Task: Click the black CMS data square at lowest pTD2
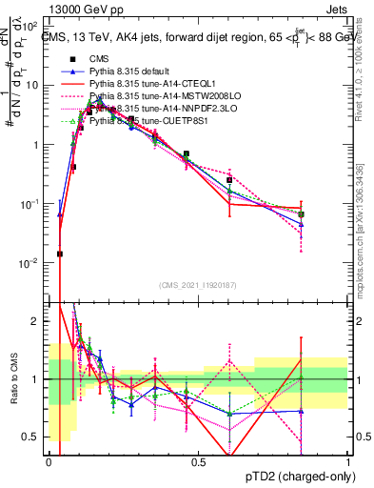pos(60,254)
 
